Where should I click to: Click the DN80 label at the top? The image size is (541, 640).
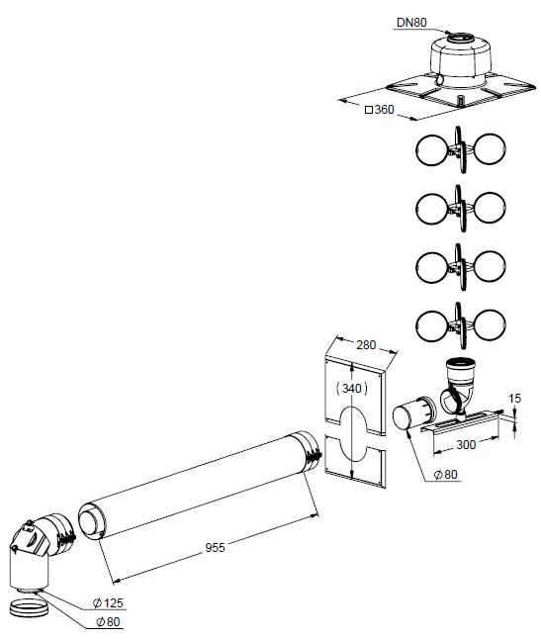point(411,22)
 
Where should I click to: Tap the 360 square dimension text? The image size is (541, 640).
point(380,110)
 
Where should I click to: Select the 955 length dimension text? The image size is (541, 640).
point(215,547)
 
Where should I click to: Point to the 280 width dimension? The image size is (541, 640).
point(366,345)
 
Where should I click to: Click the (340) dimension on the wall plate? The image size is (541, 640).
point(351,388)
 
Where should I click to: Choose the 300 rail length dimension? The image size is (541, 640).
point(466,444)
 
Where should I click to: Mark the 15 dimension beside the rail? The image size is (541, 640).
point(515,398)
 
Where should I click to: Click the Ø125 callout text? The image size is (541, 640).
point(108,602)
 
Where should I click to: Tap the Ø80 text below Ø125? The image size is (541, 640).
point(108,621)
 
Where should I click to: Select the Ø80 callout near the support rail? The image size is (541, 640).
point(445,474)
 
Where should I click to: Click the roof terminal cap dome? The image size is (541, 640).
point(461,61)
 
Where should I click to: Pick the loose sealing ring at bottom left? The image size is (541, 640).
point(30,607)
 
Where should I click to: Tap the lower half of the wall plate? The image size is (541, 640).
point(354,461)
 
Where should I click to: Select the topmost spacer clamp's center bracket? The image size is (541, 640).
point(460,149)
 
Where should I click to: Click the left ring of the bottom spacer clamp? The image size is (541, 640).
point(432,325)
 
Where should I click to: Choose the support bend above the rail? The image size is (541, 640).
point(458,388)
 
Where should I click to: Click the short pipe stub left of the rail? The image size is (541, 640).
point(413,413)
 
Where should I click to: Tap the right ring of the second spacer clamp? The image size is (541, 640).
point(490,208)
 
